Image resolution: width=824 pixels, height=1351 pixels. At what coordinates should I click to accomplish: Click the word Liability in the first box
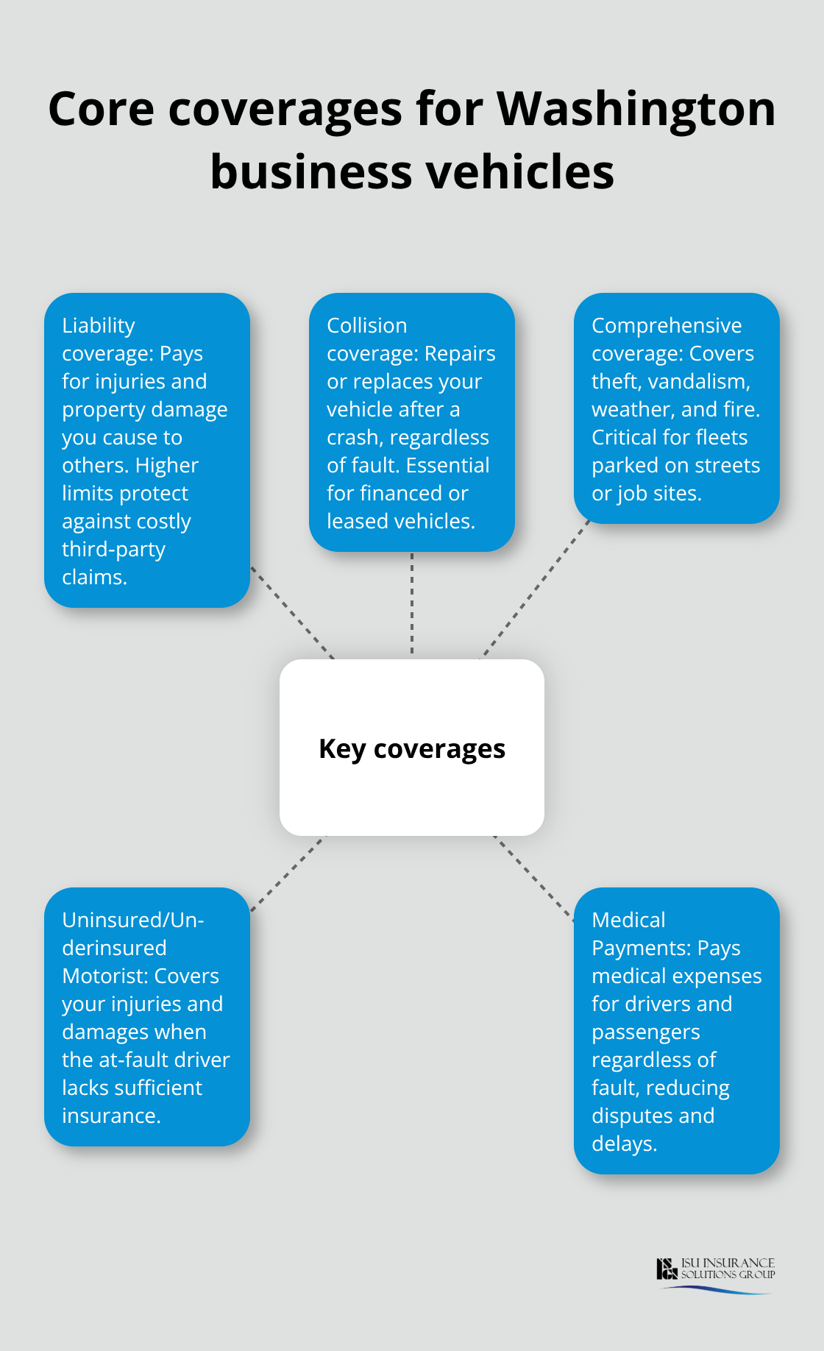point(99,325)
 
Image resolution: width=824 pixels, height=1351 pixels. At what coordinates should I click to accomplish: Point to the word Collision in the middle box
point(366,325)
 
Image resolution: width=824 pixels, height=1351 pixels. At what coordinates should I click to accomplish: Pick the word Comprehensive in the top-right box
point(667,325)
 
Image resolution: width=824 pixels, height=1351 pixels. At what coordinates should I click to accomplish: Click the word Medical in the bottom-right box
point(628,920)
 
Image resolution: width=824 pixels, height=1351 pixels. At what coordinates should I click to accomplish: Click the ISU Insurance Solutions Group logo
point(715,1272)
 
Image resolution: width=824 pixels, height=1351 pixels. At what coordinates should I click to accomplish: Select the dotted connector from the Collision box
point(412,603)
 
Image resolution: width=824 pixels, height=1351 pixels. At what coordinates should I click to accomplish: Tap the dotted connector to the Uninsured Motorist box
point(287,873)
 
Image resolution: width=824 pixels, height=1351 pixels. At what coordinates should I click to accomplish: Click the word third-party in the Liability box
point(113,549)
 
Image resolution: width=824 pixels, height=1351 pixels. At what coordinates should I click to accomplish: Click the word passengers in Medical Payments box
point(645,1032)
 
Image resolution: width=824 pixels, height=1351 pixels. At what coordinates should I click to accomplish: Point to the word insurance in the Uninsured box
point(110,1116)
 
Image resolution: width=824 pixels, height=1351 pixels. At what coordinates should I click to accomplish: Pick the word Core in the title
point(101,109)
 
